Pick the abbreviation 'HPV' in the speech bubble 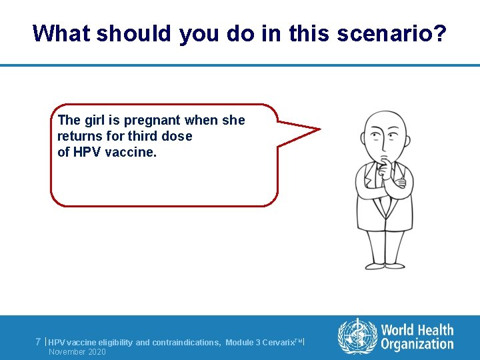85,151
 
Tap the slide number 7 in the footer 39,342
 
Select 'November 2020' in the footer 77,351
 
